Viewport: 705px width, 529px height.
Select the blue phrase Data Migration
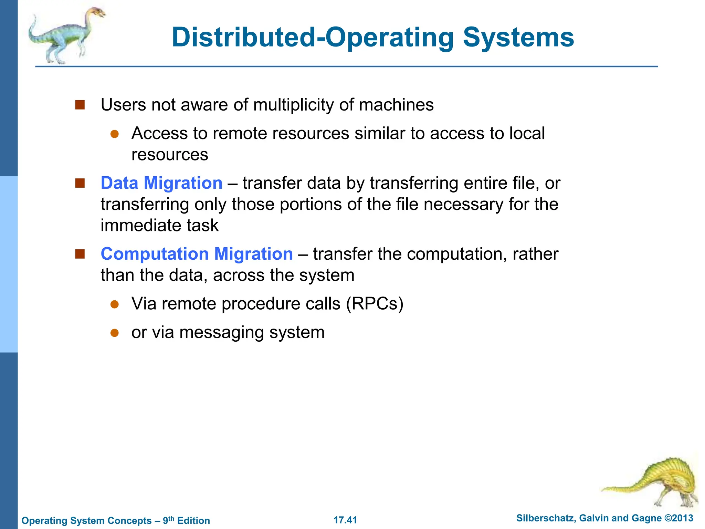161,183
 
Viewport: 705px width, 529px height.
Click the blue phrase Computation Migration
197,254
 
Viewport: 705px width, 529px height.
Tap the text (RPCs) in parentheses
375,304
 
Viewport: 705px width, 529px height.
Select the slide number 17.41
345,520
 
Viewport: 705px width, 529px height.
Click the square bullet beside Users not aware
80,105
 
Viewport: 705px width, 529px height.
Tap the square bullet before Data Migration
80,183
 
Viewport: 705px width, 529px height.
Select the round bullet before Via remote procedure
115,304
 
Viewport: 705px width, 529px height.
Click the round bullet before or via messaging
115,333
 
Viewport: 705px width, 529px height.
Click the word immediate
140,226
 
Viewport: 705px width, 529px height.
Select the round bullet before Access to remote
115,134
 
